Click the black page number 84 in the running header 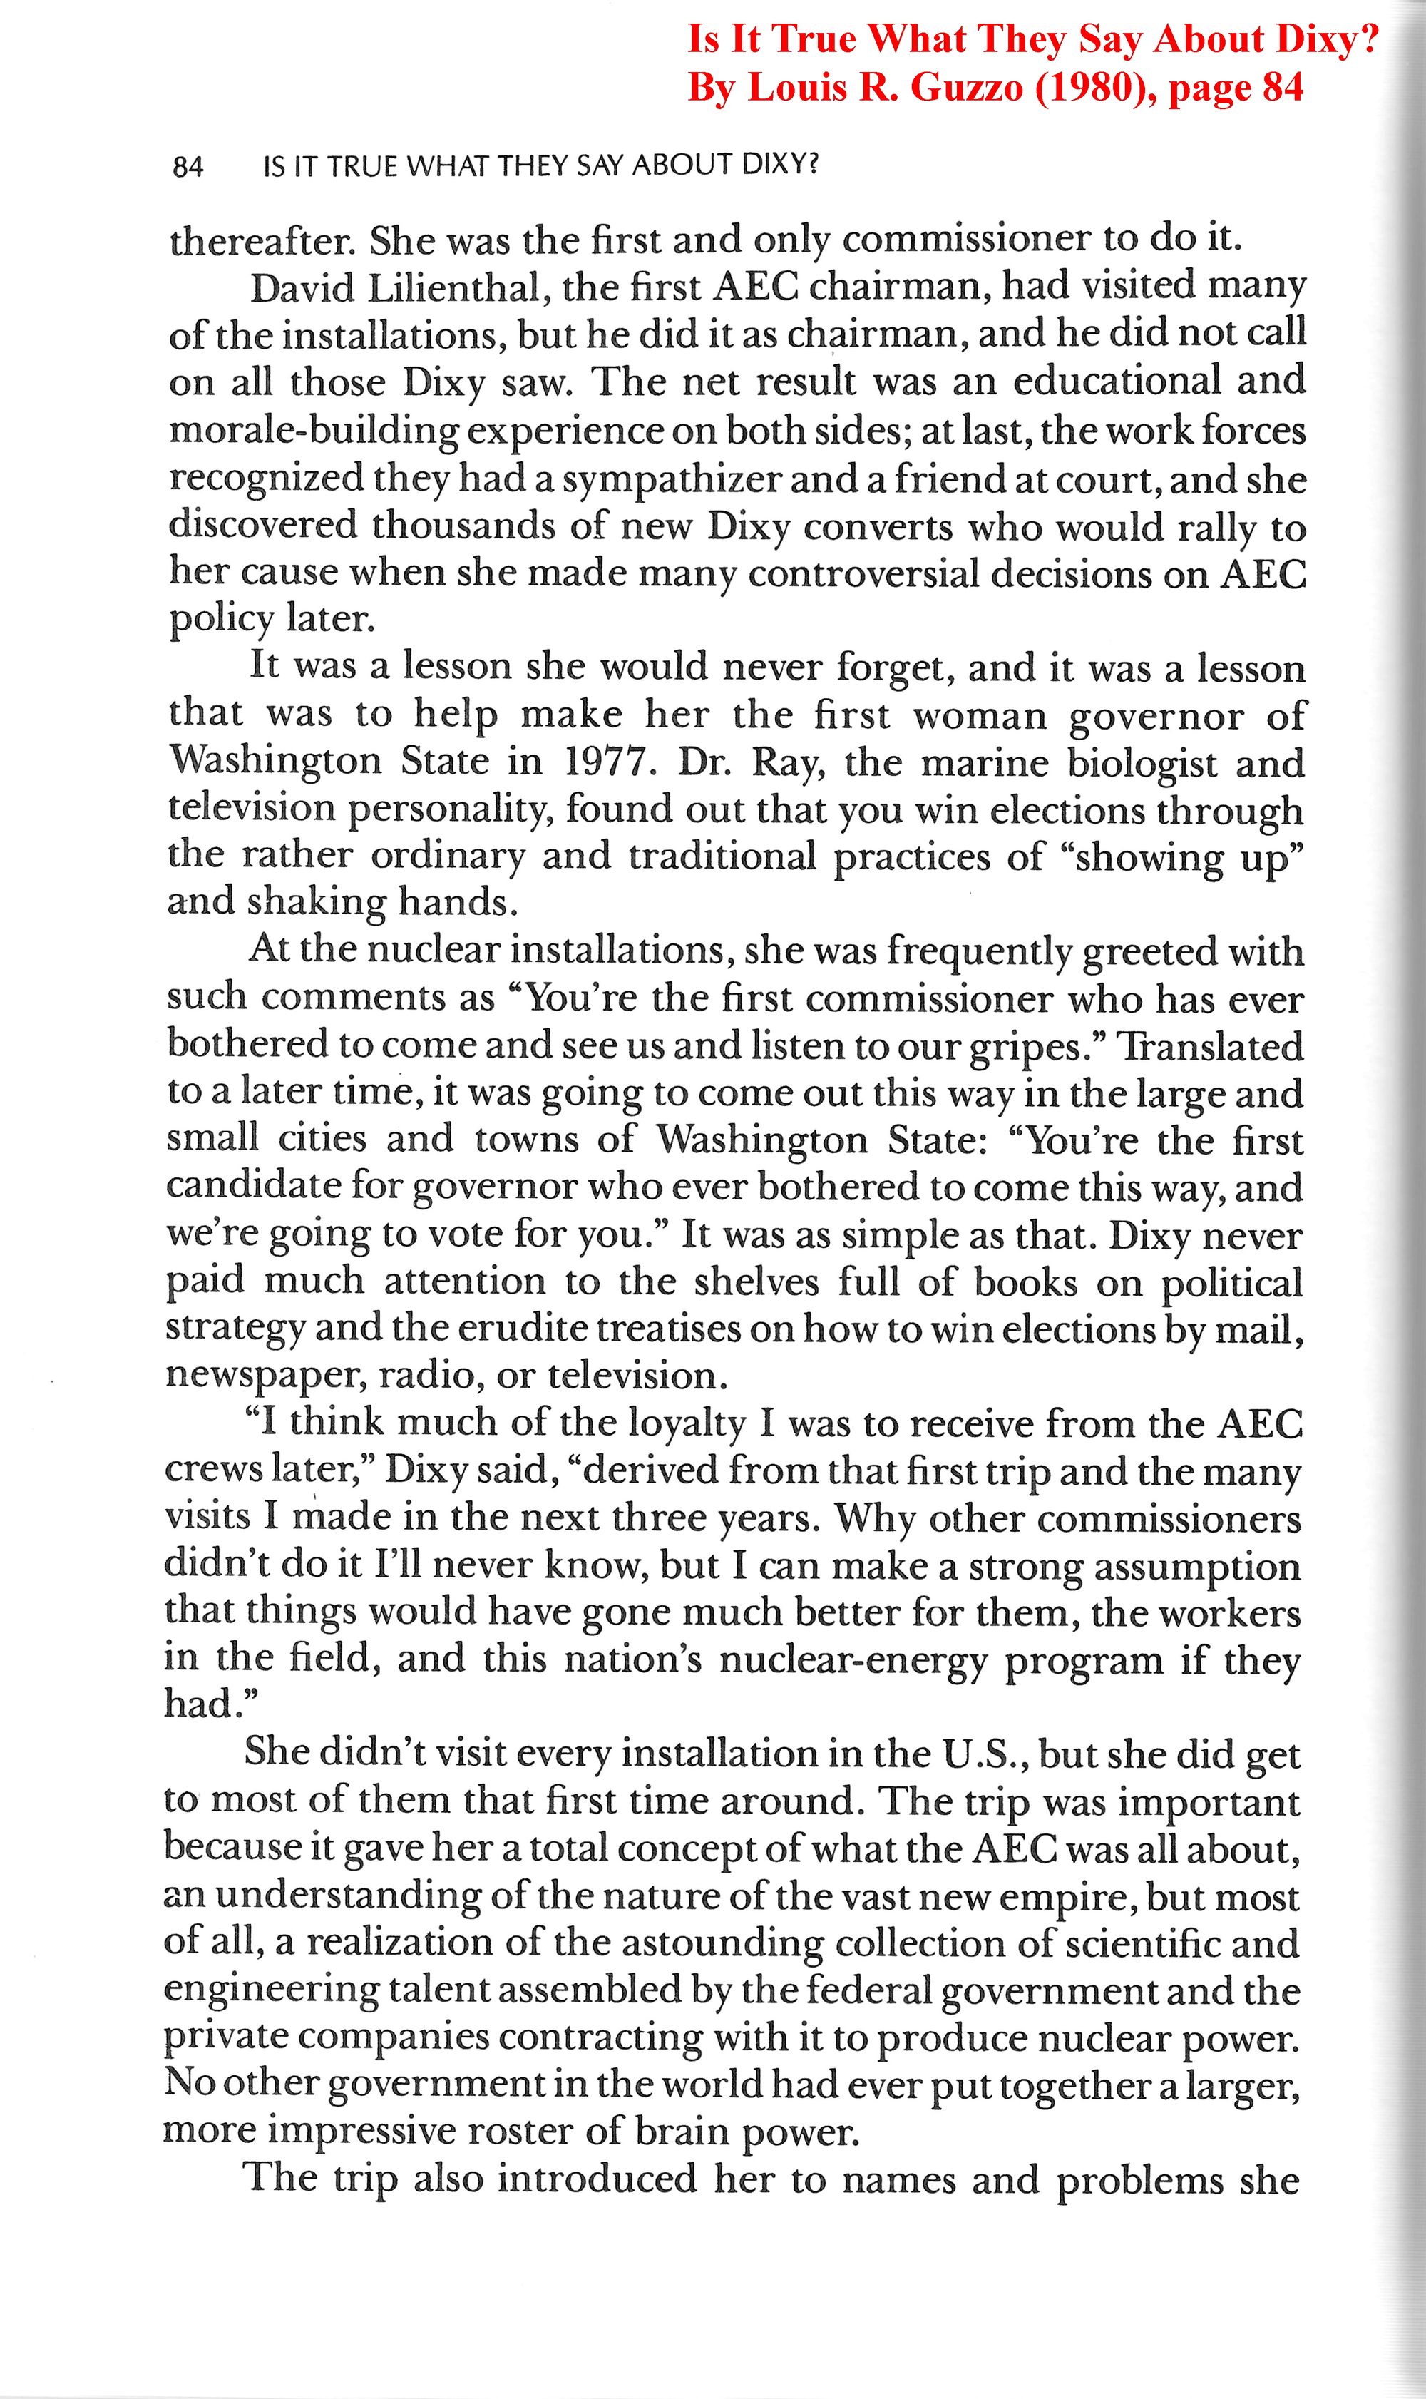[x=188, y=168]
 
